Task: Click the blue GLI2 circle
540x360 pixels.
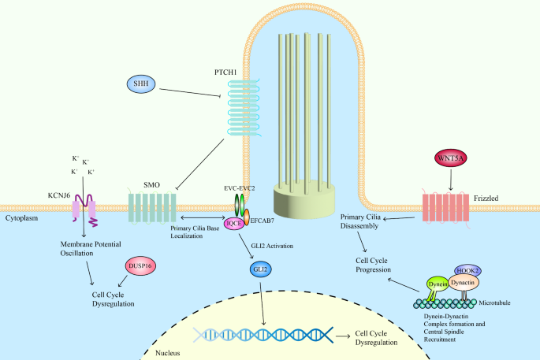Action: [x=259, y=270]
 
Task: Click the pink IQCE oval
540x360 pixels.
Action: [x=233, y=224]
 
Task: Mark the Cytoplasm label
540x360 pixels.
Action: [x=22, y=215]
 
